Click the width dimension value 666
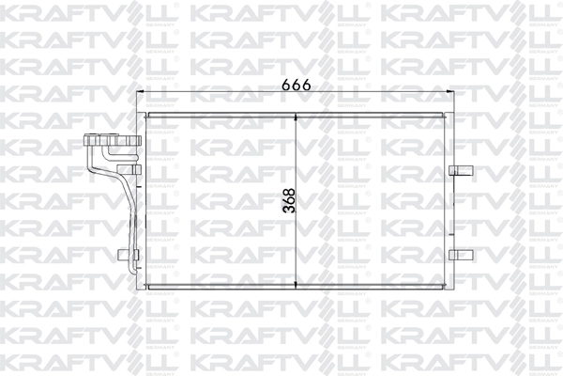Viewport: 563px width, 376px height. point(297,84)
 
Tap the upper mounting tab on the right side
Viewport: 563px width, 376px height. point(460,170)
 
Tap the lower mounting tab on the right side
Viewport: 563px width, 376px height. point(460,253)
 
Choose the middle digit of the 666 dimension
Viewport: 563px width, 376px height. point(297,84)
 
